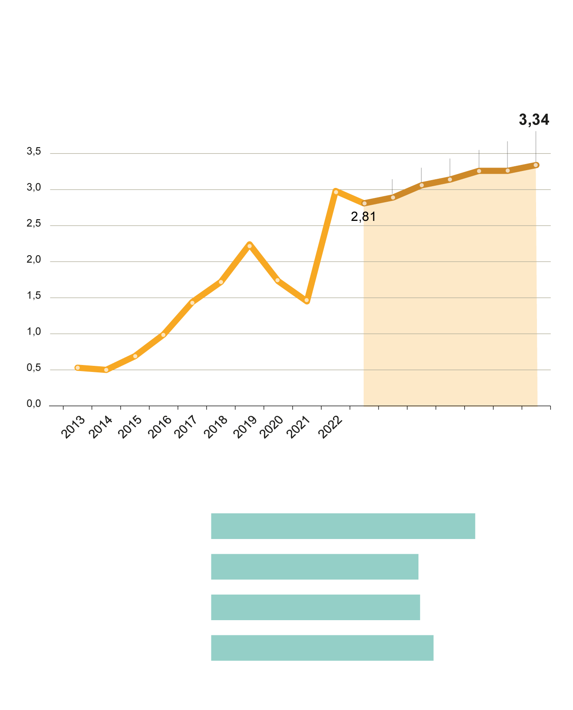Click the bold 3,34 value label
tap(534, 120)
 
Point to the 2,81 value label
tap(363, 217)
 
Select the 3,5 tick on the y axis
tap(34, 151)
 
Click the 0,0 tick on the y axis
tap(34, 404)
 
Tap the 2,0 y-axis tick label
tap(34, 260)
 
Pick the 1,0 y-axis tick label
tap(34, 332)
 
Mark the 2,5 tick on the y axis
tap(34, 224)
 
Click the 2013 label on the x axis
tap(73, 427)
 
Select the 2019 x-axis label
tap(245, 427)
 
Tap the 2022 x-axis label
tap(331, 427)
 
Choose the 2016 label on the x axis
tap(159, 427)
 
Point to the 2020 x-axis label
tap(273, 427)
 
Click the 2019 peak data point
tap(249, 246)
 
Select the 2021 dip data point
tap(306, 300)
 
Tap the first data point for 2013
tap(77, 368)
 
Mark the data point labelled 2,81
tap(364, 203)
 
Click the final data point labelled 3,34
tap(536, 165)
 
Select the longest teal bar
tap(343, 526)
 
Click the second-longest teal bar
tap(322, 648)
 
